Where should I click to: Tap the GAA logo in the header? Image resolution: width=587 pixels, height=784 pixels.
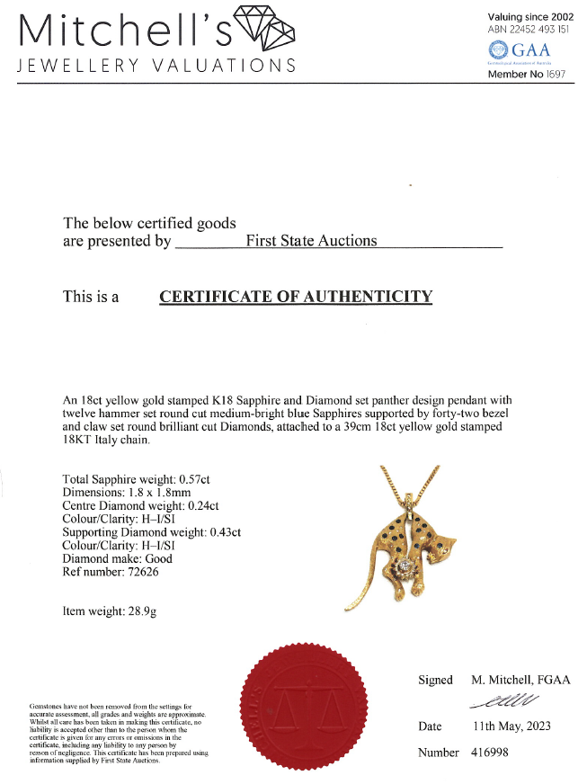point(518,52)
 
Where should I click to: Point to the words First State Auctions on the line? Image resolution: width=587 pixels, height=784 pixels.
point(311,241)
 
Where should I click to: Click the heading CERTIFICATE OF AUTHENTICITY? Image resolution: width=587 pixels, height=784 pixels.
point(296,297)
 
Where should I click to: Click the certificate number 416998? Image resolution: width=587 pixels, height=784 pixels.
point(490,752)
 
